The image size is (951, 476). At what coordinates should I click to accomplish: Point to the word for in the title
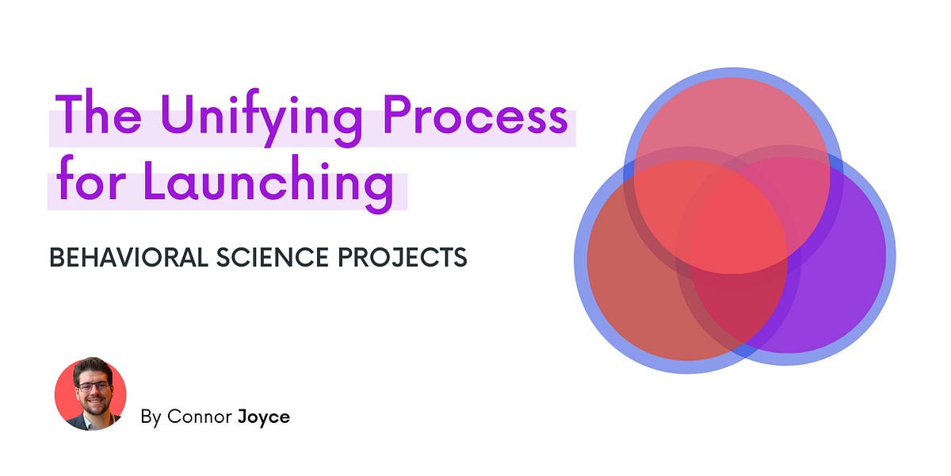(x=87, y=183)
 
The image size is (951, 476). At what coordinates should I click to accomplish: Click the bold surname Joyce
(x=263, y=416)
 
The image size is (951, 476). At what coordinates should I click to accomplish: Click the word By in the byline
(x=151, y=416)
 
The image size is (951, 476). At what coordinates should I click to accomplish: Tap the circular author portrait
(x=90, y=393)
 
